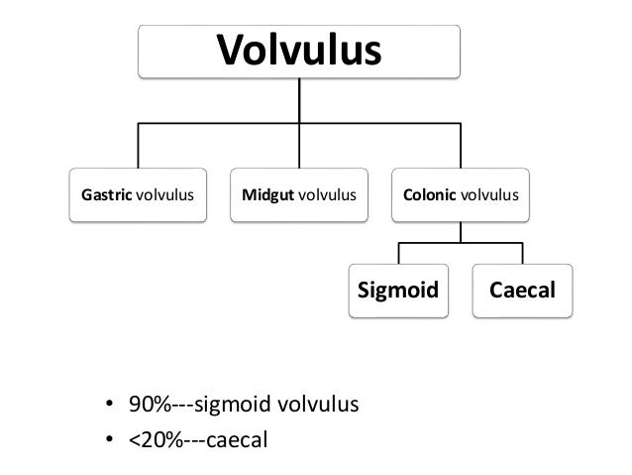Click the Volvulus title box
[x=299, y=50]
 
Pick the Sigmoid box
[x=397, y=290]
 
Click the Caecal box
[x=521, y=290]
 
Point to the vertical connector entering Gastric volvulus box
[x=138, y=146]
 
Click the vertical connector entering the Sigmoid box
[x=398, y=252]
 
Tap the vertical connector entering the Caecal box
[x=522, y=252]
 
